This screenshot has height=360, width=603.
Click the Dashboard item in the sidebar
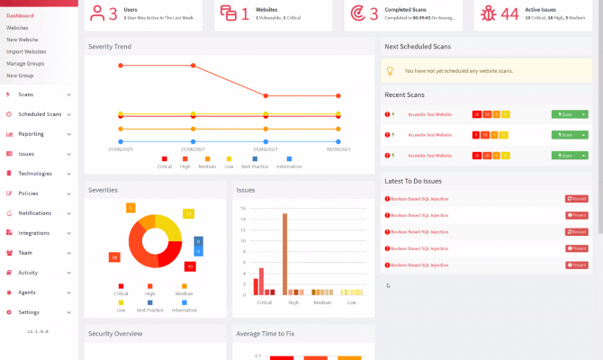(x=20, y=15)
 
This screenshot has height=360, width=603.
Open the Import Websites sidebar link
(x=26, y=51)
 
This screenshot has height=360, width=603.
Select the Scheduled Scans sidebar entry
(x=40, y=114)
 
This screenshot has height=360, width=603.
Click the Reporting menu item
(x=31, y=134)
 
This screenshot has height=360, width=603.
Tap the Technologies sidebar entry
(x=35, y=174)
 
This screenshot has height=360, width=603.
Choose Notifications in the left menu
(x=35, y=213)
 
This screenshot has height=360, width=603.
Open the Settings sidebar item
(x=29, y=312)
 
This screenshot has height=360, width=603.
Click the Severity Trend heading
(x=110, y=46)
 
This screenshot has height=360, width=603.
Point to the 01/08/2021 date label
(x=121, y=149)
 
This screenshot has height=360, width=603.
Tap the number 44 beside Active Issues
(x=509, y=13)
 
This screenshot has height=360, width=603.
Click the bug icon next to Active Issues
(x=488, y=13)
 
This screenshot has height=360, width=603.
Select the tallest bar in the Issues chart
(x=284, y=254)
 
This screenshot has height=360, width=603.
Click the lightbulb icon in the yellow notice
(x=390, y=70)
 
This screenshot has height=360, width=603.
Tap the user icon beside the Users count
(x=96, y=13)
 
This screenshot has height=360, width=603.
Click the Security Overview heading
(x=115, y=333)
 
